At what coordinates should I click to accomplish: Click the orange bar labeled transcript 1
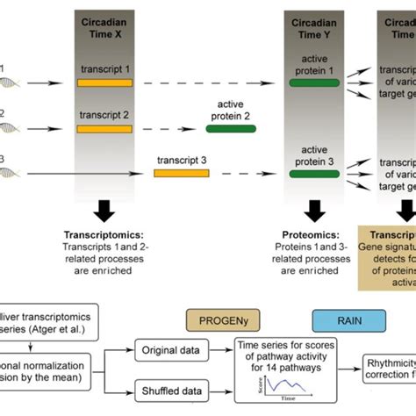(104, 82)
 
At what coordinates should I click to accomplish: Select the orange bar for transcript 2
(104, 128)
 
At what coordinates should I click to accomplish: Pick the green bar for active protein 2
(232, 128)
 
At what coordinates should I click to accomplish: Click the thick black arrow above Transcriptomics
(104, 212)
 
